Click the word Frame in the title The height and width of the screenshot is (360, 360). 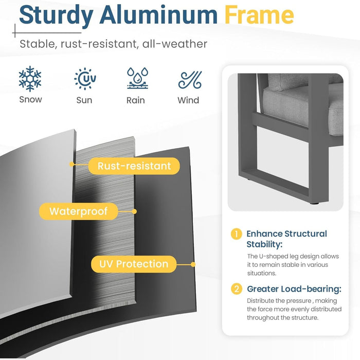259,15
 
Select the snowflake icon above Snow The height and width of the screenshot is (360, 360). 30,79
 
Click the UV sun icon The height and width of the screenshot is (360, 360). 85,79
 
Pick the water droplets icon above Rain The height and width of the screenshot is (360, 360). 138,78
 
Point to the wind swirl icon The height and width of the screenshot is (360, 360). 190,80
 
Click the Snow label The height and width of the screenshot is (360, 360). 30,100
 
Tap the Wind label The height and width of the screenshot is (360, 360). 188,100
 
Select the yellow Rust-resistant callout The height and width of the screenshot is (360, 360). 134,166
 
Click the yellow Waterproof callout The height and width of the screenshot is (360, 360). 79,211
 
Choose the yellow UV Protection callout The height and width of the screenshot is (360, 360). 134,264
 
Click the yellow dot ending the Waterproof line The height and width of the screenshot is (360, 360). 135,211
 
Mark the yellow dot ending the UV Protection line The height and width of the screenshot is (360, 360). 193,264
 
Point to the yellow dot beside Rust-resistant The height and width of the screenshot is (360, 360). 71,164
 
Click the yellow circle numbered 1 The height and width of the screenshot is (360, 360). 236,234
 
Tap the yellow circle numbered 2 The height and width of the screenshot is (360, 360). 237,289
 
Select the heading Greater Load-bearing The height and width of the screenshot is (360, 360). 294,289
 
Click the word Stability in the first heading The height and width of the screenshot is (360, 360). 264,244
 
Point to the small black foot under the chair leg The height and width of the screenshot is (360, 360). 314,203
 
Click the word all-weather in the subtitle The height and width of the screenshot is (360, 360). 175,44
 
